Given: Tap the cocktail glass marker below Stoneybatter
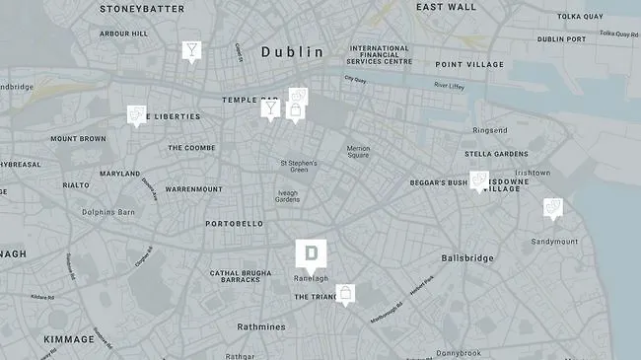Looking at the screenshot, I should click(x=190, y=50).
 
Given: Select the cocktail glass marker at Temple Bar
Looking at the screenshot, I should click(x=270, y=108).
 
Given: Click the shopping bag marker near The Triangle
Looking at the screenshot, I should click(x=345, y=293).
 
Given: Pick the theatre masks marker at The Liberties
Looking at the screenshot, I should click(x=136, y=115).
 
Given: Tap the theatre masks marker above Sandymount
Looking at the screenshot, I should click(x=553, y=207).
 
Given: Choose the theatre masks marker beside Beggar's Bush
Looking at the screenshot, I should click(x=479, y=180).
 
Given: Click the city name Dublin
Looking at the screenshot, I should click(x=292, y=51).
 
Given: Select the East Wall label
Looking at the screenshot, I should click(x=446, y=7).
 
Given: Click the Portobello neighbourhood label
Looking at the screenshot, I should click(x=234, y=224).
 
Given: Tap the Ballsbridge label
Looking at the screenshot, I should click(x=467, y=257).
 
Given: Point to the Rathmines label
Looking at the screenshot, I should click(x=260, y=327).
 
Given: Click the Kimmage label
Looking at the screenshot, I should click(x=69, y=339).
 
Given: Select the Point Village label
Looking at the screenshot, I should click(x=468, y=65).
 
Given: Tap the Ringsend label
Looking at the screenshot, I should click(x=490, y=130).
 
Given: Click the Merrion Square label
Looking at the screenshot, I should click(x=358, y=152).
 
